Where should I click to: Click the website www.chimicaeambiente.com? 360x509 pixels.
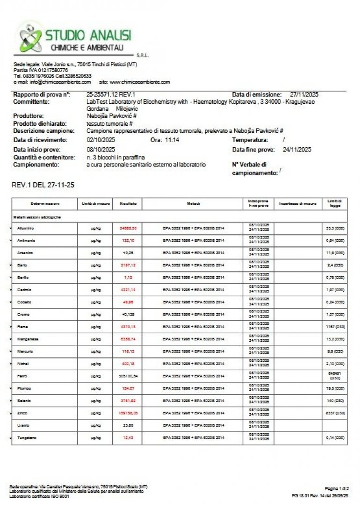point(140,82)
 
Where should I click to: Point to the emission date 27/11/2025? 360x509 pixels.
point(304,94)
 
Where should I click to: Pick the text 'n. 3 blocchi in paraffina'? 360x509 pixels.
point(116,158)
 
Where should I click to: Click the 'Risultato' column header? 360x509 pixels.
point(128,204)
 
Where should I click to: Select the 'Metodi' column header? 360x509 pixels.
point(194,204)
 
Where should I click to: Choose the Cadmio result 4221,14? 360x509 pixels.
point(128,290)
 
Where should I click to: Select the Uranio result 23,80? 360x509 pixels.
point(128,425)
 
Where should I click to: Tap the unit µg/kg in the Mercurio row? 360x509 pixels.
point(95,351)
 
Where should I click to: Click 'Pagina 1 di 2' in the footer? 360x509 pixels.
point(337,488)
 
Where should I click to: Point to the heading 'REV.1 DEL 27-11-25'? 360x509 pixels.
point(43,185)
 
